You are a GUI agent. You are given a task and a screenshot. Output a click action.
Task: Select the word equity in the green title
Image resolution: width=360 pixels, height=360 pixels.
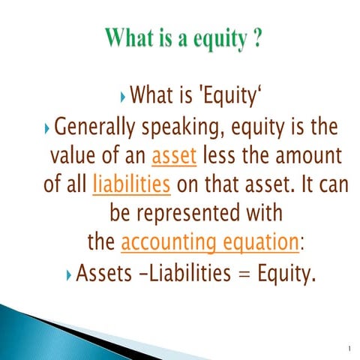[x=214, y=38]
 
